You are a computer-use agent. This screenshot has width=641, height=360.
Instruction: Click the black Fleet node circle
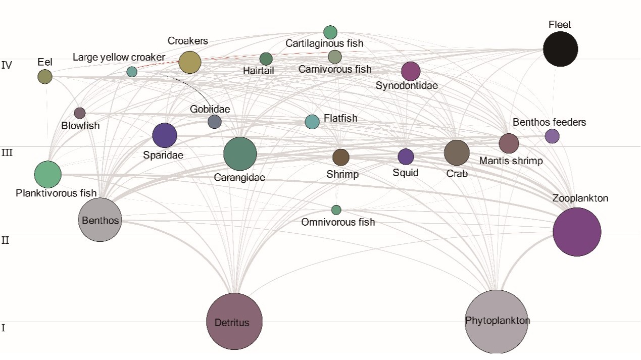tap(560, 49)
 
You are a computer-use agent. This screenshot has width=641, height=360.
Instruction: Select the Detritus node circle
tap(234, 322)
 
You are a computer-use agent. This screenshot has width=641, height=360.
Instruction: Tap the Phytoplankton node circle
tap(497, 321)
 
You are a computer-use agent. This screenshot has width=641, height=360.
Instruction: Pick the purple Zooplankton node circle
tap(577, 232)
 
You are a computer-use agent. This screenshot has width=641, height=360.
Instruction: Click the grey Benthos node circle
tap(100, 220)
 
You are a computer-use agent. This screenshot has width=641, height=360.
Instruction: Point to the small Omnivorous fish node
tap(336, 210)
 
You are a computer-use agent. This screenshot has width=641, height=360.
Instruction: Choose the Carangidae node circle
tap(240, 153)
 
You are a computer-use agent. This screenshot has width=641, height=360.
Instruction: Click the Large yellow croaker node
tap(132, 72)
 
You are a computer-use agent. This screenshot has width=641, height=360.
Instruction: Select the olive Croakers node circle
tap(190, 63)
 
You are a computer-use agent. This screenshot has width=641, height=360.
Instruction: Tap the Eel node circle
tap(45, 77)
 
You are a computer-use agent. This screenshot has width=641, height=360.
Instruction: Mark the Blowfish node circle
tap(80, 113)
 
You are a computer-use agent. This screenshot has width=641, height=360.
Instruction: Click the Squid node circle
tap(406, 157)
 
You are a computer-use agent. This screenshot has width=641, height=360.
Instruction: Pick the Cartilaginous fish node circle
tap(330, 32)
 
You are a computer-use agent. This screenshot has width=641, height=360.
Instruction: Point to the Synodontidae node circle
tap(411, 71)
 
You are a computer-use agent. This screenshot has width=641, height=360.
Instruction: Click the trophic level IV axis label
tap(7, 65)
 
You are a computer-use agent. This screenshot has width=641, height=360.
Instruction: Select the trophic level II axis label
tap(6, 240)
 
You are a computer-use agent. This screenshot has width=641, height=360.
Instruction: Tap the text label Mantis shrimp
tap(511, 161)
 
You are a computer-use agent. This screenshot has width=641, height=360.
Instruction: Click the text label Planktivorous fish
tap(56, 193)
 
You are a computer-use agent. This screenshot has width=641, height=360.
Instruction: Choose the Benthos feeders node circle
tap(552, 136)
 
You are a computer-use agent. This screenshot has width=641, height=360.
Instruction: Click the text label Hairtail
tap(258, 71)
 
